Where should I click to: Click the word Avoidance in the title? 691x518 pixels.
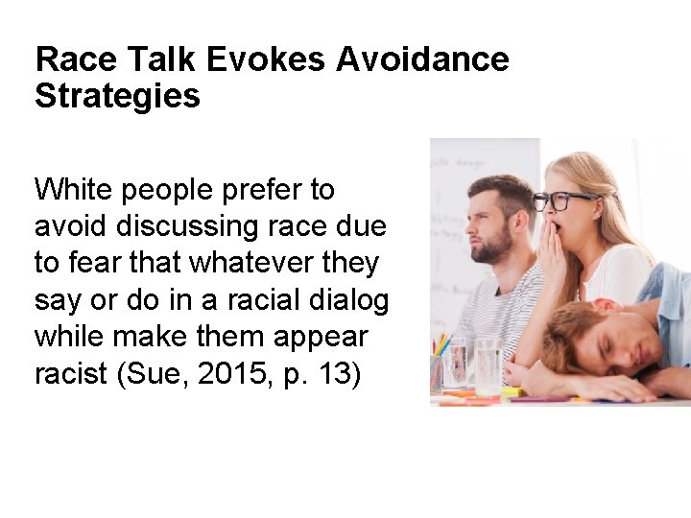[x=422, y=59]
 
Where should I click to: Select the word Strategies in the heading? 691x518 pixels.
[x=117, y=96]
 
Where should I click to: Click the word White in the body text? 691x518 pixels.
[x=73, y=189]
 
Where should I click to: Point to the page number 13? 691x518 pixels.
[x=337, y=374]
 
